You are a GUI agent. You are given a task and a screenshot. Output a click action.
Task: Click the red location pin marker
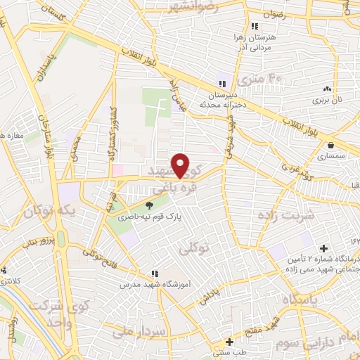181,166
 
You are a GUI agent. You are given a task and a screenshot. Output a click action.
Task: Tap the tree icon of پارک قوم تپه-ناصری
149,205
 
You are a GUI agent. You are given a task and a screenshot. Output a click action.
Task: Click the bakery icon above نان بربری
326,89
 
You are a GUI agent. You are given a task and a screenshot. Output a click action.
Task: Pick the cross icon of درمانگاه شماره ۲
323,248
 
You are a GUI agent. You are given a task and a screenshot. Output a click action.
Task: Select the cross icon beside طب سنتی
228,340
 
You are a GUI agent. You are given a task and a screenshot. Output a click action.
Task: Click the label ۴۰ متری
259,79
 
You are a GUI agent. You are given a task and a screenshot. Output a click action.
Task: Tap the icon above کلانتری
4,271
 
